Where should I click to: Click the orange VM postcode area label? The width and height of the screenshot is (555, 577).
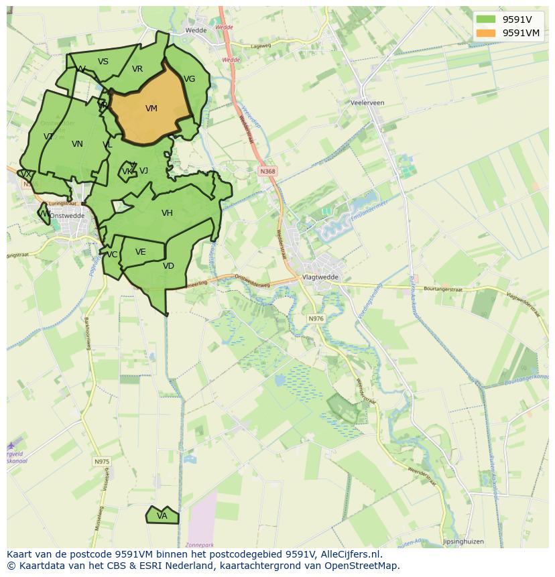coord(151,109)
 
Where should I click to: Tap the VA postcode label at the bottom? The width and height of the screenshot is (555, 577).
coord(162,516)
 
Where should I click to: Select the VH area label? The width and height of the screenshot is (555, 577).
coord(167,213)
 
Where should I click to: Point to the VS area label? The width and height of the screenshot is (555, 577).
coord(103,62)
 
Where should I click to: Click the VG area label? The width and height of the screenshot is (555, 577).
coord(190,79)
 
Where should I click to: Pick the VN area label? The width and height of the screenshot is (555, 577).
coord(77,144)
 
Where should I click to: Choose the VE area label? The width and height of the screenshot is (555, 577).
coord(141,252)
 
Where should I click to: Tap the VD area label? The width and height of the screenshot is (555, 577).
coord(168,266)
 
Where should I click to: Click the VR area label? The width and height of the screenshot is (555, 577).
coord(137,69)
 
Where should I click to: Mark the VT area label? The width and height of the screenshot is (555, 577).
coord(48,137)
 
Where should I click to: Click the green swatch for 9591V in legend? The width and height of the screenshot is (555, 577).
coord(486,19)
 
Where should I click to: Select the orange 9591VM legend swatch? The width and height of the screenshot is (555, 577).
coord(486,33)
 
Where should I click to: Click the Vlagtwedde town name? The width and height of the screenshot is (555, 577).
coord(321,277)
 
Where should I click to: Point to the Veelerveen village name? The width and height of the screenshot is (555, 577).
coord(367,103)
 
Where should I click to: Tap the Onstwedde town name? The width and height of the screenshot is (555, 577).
coord(67,216)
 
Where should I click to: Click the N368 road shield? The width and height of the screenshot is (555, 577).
coord(267,172)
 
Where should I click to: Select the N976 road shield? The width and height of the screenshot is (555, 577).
coord(316,318)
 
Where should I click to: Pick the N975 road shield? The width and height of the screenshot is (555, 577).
coord(101,462)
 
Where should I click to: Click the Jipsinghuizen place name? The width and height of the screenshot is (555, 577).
coord(463,541)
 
